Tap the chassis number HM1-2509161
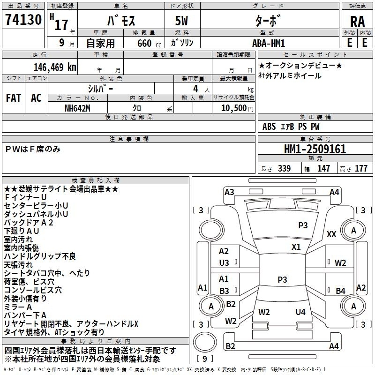[315, 150]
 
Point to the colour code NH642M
[78, 108]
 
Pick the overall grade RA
[357, 21]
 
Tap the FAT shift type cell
[13, 97]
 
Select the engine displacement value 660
[142, 43]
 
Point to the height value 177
[361, 169]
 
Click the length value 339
[284, 169]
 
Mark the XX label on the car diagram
[331, 234]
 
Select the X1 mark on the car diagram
[296, 247]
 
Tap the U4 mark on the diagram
[300, 312]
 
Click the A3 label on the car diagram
[229, 192]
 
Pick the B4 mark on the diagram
[340, 291]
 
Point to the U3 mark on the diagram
[224, 262]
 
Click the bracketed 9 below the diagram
[204, 359]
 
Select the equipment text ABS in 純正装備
[269, 126]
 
